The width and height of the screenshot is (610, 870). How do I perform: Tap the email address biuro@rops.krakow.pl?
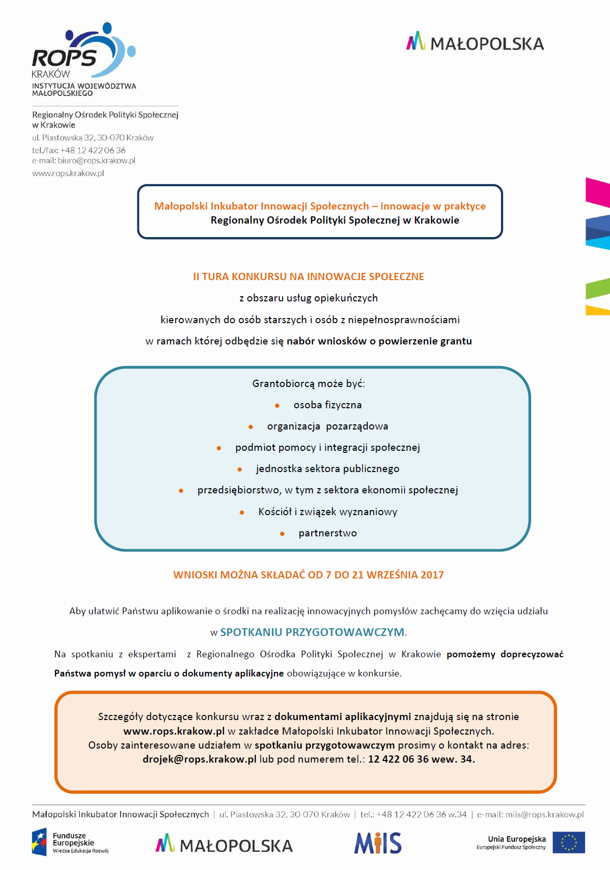coord(96,161)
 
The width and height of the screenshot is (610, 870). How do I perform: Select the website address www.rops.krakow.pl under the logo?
coord(68,173)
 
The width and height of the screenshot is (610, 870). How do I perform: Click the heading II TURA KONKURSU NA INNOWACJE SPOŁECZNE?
coord(308,277)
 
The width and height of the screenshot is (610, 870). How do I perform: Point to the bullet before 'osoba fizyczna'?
coord(277,406)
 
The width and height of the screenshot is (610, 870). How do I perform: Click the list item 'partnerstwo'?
coord(327,533)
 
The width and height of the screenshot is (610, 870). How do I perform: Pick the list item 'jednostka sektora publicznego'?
coord(327,468)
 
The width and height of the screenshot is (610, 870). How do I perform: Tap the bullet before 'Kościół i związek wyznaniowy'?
coord(242,513)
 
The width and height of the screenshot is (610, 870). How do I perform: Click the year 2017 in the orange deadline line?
coord(432,575)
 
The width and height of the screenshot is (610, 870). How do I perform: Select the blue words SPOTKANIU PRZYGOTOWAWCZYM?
coord(312,632)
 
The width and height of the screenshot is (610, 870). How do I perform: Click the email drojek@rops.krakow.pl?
coord(199,759)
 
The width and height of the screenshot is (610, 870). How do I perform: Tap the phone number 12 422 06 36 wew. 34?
coord(421,759)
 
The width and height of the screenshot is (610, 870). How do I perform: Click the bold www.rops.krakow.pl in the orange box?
coord(174,731)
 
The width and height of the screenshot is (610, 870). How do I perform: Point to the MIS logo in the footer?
coord(378,843)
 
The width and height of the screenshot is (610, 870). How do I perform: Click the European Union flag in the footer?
coord(569,843)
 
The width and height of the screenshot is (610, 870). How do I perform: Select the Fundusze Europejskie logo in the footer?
coord(70,843)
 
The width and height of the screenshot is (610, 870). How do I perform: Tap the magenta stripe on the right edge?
coord(598,192)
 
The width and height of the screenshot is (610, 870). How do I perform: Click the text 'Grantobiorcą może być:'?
coord(308,383)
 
